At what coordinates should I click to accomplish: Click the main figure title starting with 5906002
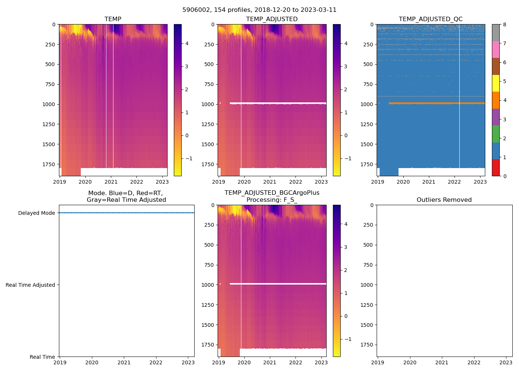[259, 10]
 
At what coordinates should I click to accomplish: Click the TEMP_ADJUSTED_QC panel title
[430, 19]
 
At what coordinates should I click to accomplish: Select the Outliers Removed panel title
[444, 200]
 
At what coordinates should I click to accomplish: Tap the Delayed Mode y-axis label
[36, 213]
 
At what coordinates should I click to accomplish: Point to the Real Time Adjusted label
[30, 285]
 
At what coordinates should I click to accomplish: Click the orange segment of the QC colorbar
[496, 100]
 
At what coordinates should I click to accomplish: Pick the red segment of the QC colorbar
[496, 168]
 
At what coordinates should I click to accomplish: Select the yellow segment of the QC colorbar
[496, 83]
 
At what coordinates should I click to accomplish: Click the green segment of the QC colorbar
[496, 134]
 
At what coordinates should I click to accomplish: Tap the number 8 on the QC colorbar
[505, 24]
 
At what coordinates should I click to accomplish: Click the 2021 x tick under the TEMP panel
[111, 182]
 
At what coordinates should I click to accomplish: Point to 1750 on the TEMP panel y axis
[49, 164]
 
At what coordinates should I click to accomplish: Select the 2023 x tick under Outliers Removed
[506, 362]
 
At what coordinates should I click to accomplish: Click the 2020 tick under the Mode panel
[92, 362]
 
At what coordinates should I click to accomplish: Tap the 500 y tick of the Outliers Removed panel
[368, 245]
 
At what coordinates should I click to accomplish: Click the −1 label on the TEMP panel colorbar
[189, 158]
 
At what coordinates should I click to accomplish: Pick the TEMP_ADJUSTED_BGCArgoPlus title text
[272, 193]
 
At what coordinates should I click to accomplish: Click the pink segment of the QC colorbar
[496, 49]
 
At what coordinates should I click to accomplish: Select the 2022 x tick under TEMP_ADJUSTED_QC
[454, 182]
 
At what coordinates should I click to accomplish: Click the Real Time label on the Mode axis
[42, 357]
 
